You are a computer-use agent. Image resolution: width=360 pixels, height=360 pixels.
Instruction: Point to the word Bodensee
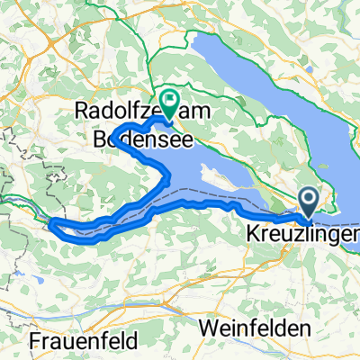click(x=135, y=139)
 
